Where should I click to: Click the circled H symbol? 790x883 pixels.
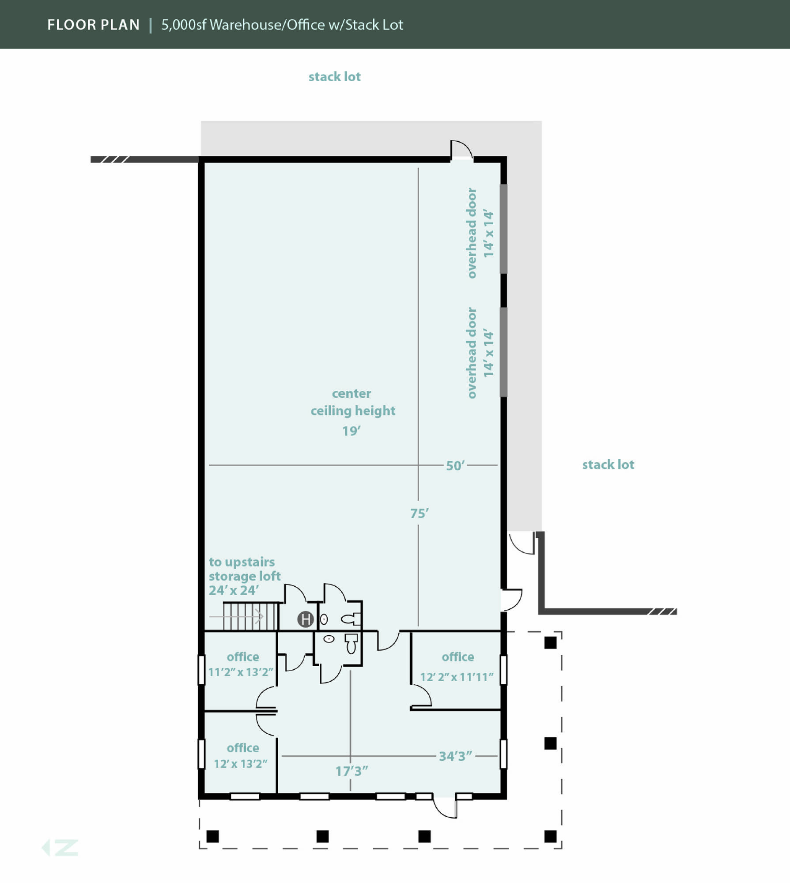[306, 619]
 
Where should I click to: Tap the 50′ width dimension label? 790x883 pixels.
[455, 466]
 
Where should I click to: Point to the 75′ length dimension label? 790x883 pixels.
[419, 513]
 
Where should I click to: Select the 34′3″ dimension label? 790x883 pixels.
[455, 756]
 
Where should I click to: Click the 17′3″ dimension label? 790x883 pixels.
[352, 771]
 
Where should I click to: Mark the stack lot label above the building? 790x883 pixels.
[334, 77]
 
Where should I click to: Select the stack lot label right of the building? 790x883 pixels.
[608, 464]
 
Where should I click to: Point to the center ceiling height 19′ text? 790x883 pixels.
[352, 412]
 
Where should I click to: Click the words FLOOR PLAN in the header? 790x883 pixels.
[94, 25]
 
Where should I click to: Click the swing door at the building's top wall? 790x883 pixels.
[461, 150]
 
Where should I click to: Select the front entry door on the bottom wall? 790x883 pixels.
[445, 807]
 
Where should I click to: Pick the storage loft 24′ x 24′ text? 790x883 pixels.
[245, 576]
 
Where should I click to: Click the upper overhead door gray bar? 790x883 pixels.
[503, 229]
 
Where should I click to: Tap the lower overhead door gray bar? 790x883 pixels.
[503, 352]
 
